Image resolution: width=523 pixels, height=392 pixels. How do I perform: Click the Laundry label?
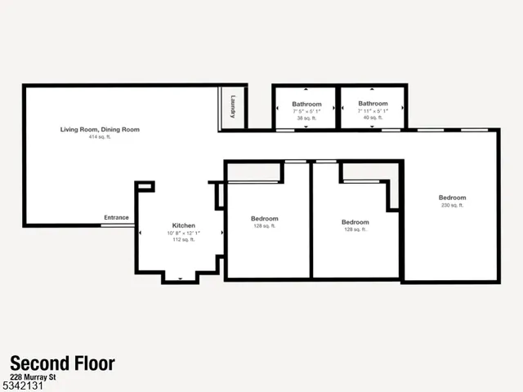click(x=233, y=108)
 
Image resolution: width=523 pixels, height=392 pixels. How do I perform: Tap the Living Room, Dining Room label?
click(x=100, y=129)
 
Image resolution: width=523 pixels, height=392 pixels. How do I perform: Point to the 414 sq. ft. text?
click(x=100, y=136)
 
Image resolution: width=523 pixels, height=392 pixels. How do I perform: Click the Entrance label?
click(x=116, y=217)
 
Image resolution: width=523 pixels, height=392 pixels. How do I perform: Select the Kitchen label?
click(x=183, y=225)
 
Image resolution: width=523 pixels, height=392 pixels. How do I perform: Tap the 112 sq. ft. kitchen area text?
click(x=183, y=239)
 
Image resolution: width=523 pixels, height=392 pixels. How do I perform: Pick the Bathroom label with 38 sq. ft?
click(x=306, y=104)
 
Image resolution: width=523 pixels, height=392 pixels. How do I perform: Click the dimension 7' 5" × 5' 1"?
click(x=306, y=111)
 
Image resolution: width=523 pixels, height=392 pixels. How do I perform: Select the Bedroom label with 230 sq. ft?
click(x=452, y=198)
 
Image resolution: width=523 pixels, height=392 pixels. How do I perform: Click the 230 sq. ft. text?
click(x=452, y=205)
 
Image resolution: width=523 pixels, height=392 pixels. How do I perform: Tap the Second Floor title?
click(x=62, y=363)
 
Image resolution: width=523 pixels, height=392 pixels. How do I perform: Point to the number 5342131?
click(x=21, y=385)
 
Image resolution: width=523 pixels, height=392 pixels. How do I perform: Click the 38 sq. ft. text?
click(x=306, y=118)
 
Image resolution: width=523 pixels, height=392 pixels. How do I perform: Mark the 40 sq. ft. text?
click(x=373, y=118)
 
